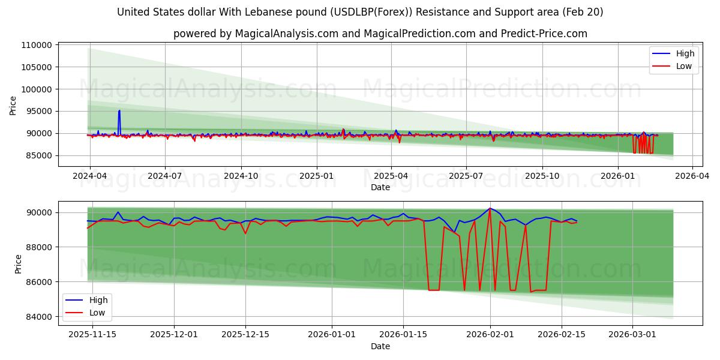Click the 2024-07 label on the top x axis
pyautogui.click(x=164, y=176)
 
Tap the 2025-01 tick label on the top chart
pyautogui.click(x=316, y=176)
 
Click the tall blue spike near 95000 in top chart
pyautogui.click(x=119, y=111)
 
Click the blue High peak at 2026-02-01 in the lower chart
pyautogui.click(x=490, y=209)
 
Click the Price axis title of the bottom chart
pyautogui.click(x=18, y=264)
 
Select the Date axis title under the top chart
pyautogui.click(x=380, y=187)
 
